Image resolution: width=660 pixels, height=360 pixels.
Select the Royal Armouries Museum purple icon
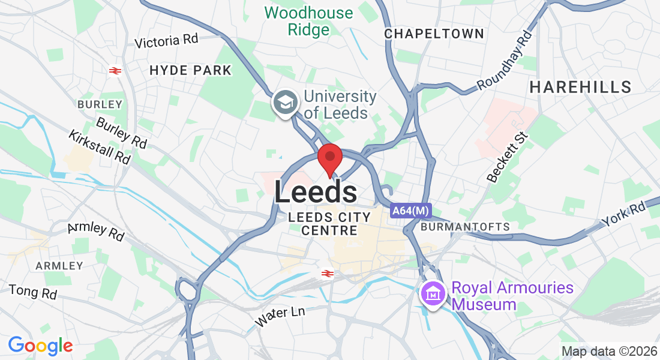(434, 294)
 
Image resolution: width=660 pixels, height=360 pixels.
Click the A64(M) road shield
(410, 211)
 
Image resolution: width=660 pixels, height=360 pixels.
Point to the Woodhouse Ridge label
(308, 21)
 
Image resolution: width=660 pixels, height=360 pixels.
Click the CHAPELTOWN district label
(434, 34)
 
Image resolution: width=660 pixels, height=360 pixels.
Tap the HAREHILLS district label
(580, 87)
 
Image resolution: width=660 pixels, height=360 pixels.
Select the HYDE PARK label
(190, 70)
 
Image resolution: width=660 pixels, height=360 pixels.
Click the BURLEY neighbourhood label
(100, 104)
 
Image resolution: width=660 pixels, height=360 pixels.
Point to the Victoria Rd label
(166, 41)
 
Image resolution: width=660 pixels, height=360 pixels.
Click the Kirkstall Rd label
(100, 147)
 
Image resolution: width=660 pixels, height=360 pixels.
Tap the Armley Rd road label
(96, 231)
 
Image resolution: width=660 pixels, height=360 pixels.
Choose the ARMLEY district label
(59, 265)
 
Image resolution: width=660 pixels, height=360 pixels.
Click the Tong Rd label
(33, 292)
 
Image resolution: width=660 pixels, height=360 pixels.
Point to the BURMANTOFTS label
(465, 227)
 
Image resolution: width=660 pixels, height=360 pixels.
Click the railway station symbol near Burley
(115, 71)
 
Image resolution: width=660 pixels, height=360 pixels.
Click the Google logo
(40, 346)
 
